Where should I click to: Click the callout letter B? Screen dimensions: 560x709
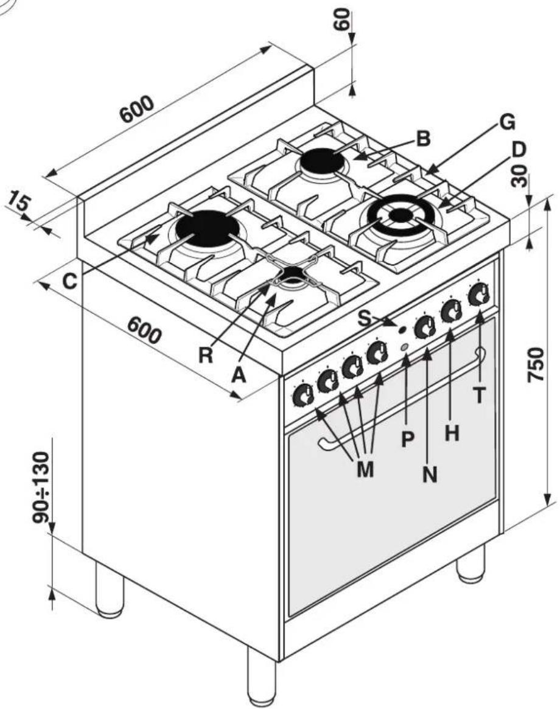[x=423, y=138]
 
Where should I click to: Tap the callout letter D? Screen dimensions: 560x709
[x=519, y=150]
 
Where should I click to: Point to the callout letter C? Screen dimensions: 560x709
[x=69, y=281]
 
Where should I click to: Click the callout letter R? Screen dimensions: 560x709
[x=206, y=355]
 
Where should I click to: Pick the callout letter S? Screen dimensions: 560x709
[x=364, y=318]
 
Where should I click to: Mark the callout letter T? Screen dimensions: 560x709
[x=479, y=396]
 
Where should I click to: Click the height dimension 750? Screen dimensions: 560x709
[x=536, y=365]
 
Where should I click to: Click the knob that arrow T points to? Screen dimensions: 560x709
[x=478, y=295]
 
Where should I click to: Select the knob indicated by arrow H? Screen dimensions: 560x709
[x=452, y=310]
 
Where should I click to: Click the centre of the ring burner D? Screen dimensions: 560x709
[x=399, y=215]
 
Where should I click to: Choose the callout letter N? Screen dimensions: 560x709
[x=430, y=474]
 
